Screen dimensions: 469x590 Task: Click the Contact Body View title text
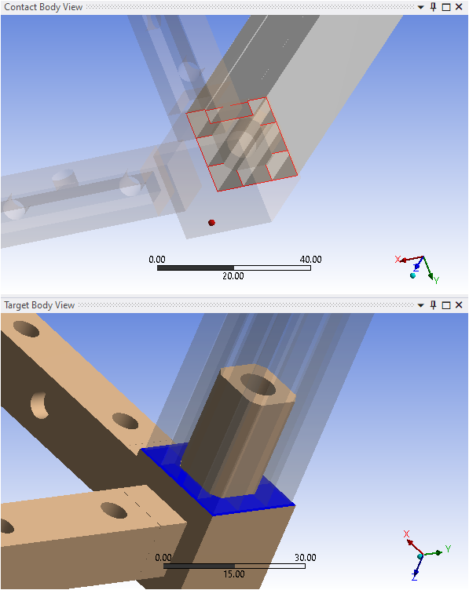43,7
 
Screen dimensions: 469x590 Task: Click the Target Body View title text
39,305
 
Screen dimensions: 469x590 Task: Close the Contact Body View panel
459,7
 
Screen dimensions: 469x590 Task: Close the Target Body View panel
459,304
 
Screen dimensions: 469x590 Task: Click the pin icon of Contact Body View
433,7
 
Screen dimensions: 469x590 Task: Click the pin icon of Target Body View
433,304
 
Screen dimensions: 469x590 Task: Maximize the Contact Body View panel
446,7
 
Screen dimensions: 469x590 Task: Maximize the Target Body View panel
446,305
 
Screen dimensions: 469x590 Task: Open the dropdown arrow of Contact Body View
421,8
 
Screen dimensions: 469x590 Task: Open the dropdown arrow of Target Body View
421,305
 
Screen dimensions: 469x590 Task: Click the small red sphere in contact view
211,223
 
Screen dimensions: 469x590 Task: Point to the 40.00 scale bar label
311,259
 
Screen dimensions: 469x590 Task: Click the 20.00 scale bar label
233,276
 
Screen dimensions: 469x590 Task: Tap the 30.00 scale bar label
306,557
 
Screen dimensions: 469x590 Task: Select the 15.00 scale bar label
234,574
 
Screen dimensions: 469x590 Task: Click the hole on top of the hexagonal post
258,384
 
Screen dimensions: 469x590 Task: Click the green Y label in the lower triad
448,548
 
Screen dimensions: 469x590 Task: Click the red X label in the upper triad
398,259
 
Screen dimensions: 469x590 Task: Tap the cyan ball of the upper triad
413,275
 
